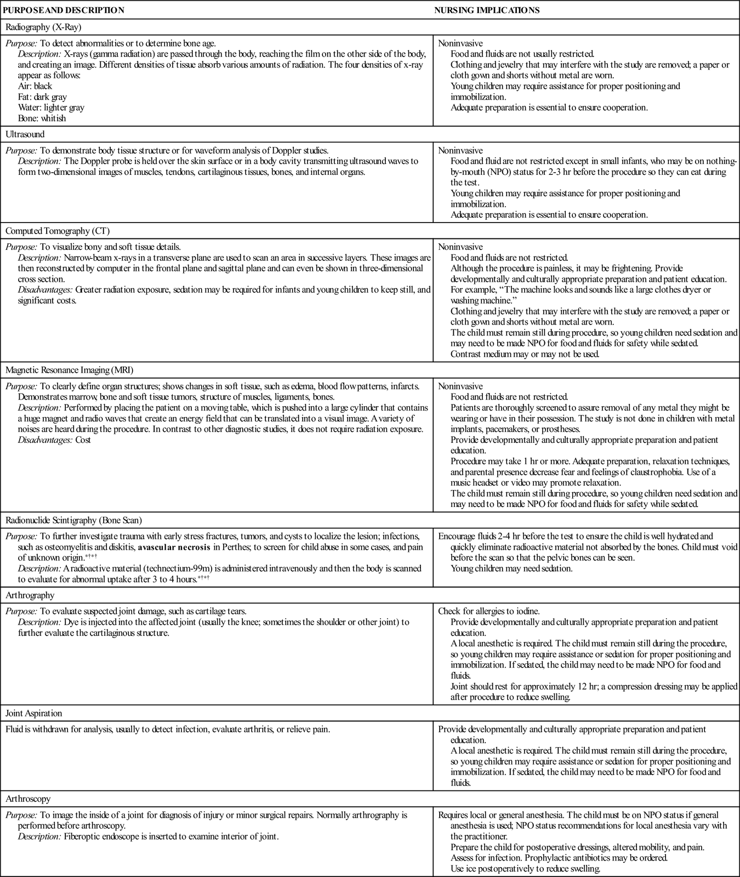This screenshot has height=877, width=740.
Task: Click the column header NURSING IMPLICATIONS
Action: tap(487, 10)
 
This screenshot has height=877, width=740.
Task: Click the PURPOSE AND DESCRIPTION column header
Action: tap(64, 10)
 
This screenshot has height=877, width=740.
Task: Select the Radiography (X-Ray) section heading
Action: tap(43, 27)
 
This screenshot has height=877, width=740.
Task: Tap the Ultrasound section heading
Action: tap(25, 134)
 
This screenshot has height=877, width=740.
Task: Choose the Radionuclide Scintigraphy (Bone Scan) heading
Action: tap(73, 520)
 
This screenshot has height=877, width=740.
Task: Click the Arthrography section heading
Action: tap(30, 595)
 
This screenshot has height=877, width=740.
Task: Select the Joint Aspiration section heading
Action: tap(33, 713)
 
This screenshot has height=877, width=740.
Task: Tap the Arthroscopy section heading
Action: tap(28, 799)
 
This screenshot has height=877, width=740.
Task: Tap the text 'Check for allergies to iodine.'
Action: tap(489, 611)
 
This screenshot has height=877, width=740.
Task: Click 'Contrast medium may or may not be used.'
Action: tap(525, 354)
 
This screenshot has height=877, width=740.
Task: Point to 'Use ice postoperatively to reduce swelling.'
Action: tap(526, 869)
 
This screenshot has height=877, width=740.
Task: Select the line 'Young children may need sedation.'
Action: tap(511, 568)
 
